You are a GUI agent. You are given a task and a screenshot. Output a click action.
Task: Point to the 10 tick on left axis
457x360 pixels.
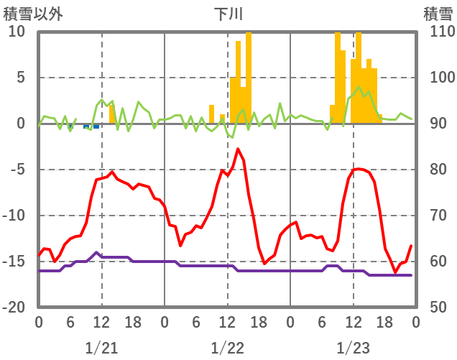tap(17, 32)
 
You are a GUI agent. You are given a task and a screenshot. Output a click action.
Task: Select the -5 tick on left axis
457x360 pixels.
tap(17, 170)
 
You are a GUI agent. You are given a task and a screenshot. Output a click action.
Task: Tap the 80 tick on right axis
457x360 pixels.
tap(440, 170)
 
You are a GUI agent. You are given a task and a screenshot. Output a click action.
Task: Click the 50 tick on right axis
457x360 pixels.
tap(440, 308)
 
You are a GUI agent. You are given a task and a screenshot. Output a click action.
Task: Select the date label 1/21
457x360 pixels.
tap(101, 349)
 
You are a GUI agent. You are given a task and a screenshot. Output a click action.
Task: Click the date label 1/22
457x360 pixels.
tap(228, 349)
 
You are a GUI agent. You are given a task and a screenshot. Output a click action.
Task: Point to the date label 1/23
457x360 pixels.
tap(354, 349)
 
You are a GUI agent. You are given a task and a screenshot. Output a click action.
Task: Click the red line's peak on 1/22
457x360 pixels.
tap(238, 149)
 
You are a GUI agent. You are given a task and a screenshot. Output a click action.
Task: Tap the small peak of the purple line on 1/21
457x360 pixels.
tap(96, 252)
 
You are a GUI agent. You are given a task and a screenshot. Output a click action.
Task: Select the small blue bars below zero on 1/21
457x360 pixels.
tap(91, 126)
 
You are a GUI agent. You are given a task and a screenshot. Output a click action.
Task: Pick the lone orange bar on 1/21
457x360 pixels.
tap(112, 114)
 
